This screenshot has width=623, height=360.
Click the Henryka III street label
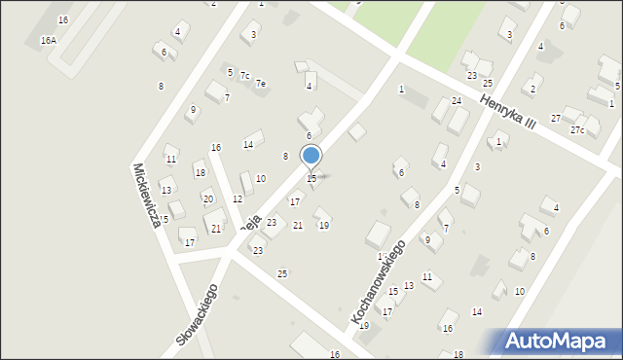(508, 111)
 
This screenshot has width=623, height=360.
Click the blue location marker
(311, 156)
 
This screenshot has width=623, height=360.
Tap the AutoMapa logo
(561, 342)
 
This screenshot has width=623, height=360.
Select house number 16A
(48, 41)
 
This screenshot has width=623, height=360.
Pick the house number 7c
(245, 76)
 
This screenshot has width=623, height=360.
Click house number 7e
(261, 84)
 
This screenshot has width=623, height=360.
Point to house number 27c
(578, 130)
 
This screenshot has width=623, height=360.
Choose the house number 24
(456, 101)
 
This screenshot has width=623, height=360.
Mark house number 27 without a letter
(556, 118)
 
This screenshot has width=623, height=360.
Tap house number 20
(207, 198)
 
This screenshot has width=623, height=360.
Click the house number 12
(238, 198)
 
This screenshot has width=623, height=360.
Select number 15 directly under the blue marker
(311, 178)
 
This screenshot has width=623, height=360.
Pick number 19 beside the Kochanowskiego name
(364, 326)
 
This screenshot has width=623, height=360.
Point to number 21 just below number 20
(216, 230)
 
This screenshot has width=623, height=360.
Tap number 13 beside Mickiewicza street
(166, 190)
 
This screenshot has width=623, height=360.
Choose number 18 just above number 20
(200, 173)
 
